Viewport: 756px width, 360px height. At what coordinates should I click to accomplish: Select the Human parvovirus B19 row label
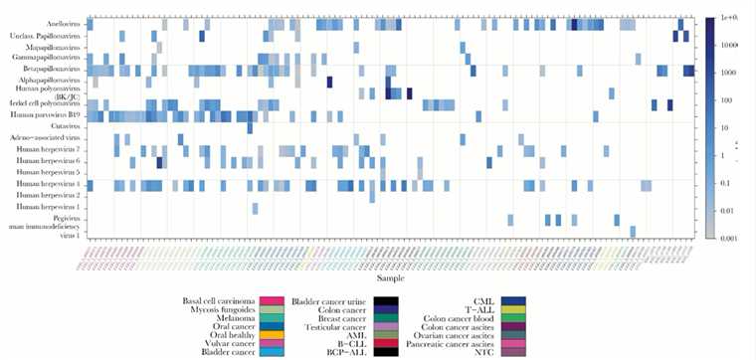coord(48,115)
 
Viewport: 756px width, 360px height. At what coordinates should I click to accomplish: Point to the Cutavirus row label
coord(65,126)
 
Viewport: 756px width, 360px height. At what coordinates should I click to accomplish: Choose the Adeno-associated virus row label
coord(50,138)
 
